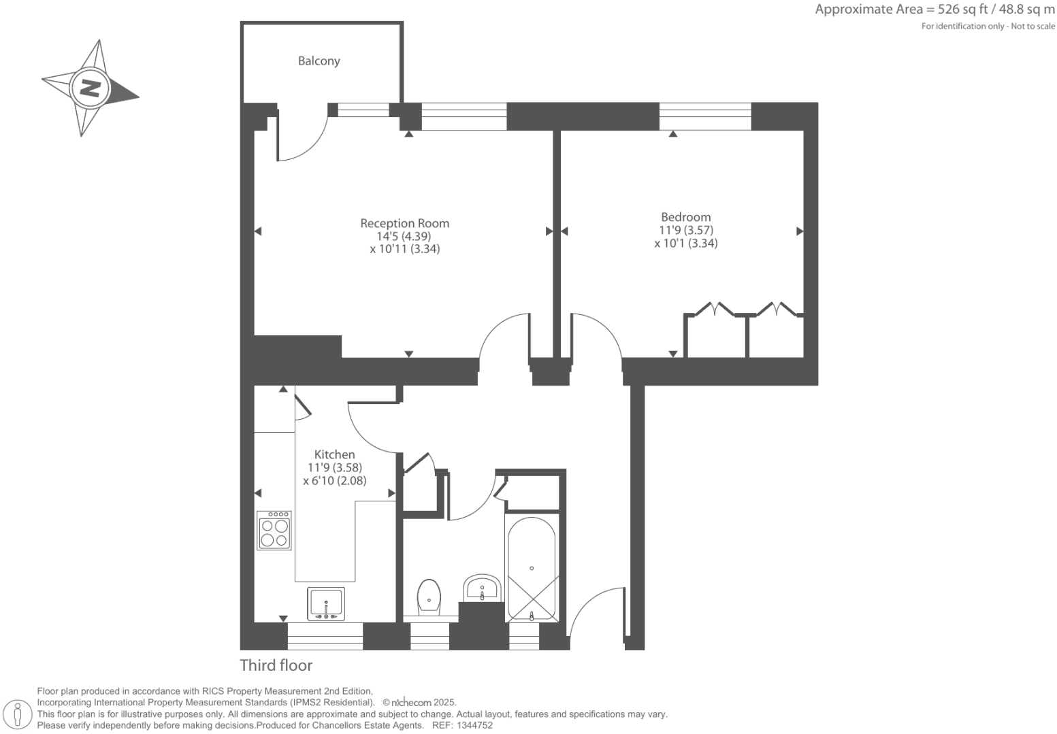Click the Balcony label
(319, 61)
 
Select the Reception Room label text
(404, 223)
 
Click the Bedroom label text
(685, 218)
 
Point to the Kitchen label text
(334, 454)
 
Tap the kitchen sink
(326, 603)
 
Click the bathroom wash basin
(482, 588)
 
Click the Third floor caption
(276, 665)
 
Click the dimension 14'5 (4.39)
(404, 236)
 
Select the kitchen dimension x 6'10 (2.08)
(334, 480)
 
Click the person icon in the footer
(19, 714)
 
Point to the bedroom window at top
(705, 116)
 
